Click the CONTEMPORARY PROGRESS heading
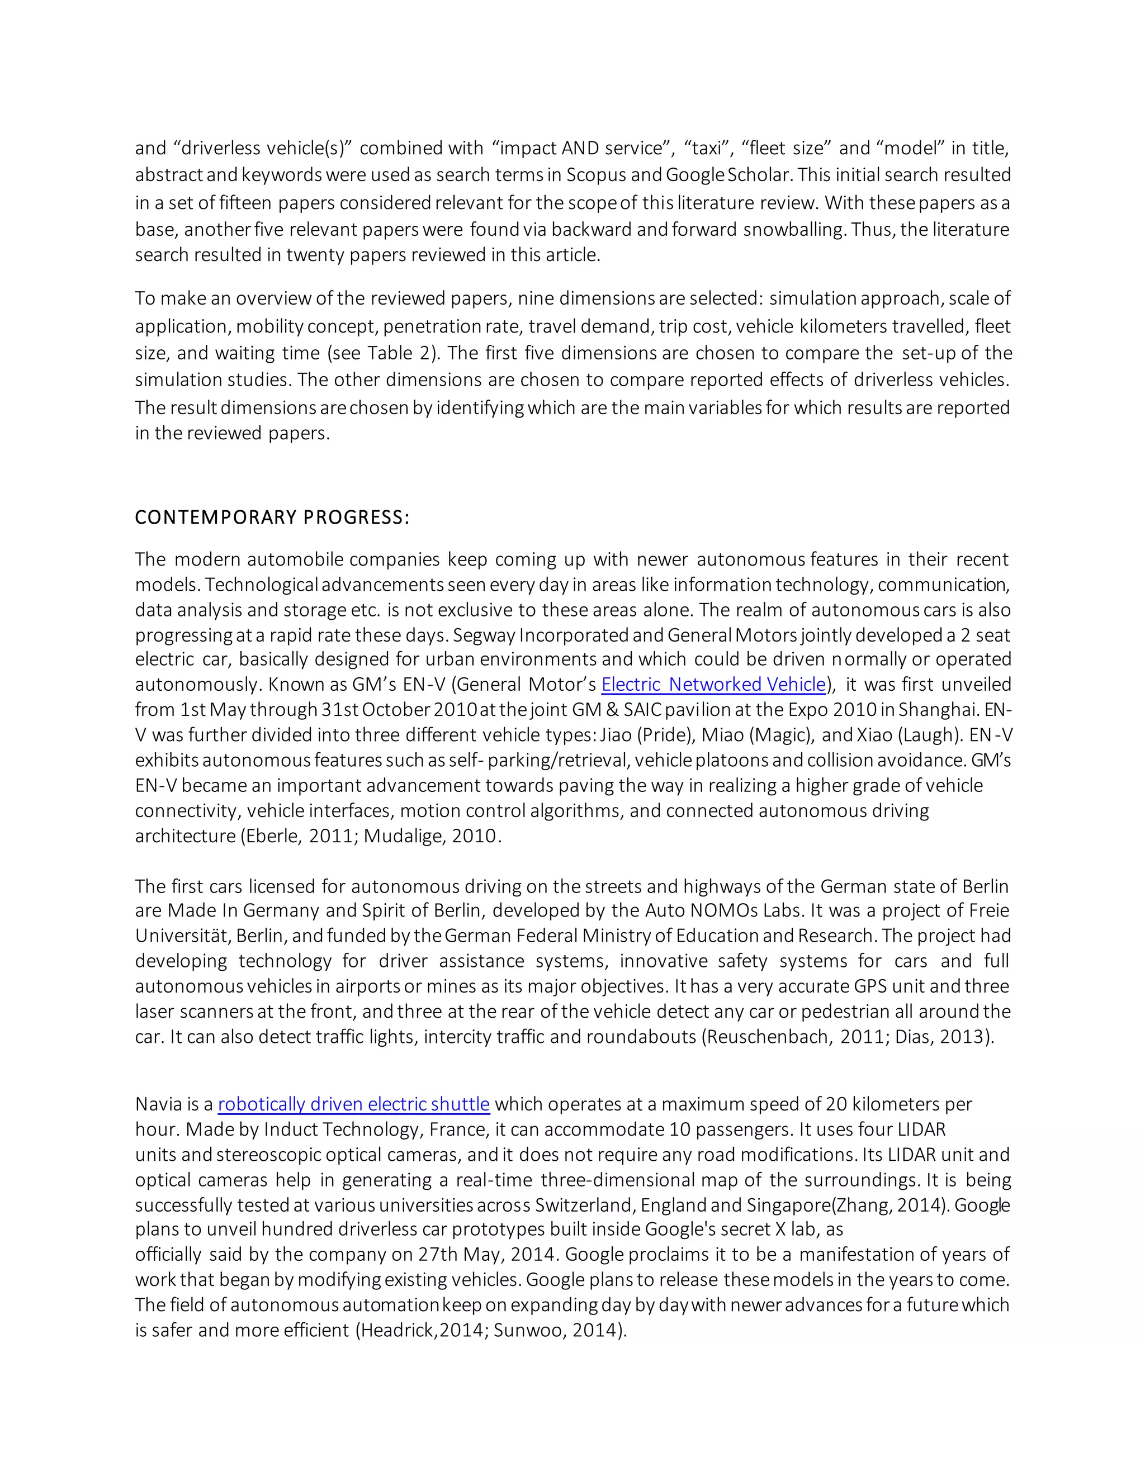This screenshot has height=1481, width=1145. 272,518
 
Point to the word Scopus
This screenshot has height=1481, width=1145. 595,175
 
